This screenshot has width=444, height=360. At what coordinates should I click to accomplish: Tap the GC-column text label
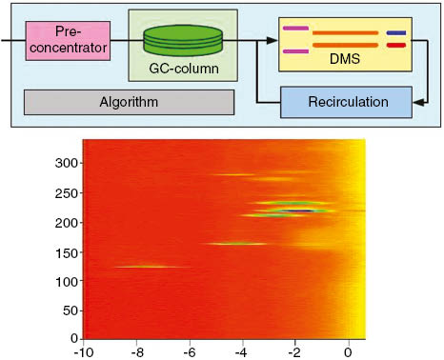183,70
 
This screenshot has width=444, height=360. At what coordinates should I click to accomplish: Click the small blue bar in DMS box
395,31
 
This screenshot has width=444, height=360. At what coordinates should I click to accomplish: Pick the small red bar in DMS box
395,45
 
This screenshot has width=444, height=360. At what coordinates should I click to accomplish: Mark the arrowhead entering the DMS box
274,41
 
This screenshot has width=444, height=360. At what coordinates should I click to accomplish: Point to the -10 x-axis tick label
85,350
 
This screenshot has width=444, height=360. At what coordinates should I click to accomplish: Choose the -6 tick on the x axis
190,350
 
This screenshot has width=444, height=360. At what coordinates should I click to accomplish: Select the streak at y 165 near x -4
238,244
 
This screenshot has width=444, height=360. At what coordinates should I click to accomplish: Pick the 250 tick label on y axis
65,193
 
